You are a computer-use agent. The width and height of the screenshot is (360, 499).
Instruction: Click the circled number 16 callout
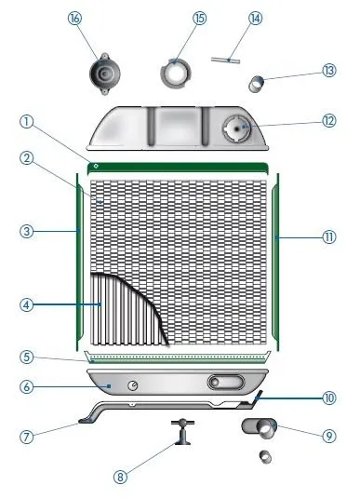(x=74, y=19)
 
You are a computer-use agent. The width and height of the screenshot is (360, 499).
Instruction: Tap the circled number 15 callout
(x=199, y=19)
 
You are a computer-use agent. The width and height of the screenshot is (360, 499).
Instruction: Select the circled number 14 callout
(x=256, y=19)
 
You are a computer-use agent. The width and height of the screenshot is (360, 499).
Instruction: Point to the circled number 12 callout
(x=328, y=121)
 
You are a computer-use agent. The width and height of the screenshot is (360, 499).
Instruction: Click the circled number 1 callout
(x=27, y=122)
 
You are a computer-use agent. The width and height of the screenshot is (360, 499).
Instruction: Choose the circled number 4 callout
(x=27, y=305)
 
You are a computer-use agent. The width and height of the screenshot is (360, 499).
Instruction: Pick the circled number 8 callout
(x=120, y=477)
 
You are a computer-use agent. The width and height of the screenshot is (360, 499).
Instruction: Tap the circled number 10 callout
(x=328, y=398)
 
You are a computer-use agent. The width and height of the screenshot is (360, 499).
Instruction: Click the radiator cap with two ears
(x=104, y=74)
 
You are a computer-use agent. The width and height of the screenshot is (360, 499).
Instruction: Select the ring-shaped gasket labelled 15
(x=176, y=74)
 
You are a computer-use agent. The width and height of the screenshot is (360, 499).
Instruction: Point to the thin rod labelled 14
(x=225, y=61)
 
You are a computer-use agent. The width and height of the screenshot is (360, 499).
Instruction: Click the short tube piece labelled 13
(x=257, y=85)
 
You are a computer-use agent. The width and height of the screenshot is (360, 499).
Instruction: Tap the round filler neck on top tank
(x=237, y=128)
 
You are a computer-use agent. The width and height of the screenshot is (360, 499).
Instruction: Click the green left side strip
(x=79, y=262)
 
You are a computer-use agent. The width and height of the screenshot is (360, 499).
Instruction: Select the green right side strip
(x=275, y=262)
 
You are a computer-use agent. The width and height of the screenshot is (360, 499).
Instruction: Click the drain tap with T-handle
(x=182, y=431)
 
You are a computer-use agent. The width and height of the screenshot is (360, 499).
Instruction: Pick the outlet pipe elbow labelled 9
(x=260, y=428)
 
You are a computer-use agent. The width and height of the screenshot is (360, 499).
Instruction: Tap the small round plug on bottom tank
(x=133, y=385)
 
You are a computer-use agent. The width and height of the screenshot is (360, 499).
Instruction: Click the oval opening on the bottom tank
(x=226, y=382)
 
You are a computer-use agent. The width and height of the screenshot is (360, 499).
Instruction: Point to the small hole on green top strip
(x=96, y=166)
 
